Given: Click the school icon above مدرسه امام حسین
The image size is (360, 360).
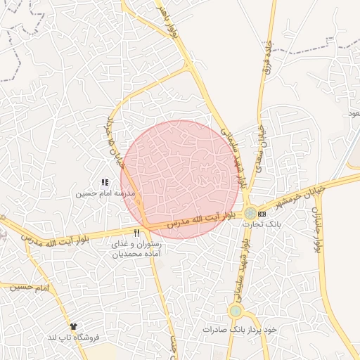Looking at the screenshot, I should pos(105,183).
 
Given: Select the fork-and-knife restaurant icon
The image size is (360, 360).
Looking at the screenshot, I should pos(136,233).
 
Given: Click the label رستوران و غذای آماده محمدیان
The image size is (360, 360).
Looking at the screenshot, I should pos(136,249).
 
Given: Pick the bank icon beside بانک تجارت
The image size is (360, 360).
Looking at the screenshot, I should pos(262,213).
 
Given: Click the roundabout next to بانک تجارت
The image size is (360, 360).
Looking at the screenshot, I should pos(250,212).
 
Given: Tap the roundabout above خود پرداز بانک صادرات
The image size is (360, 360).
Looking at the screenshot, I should pos(236,311).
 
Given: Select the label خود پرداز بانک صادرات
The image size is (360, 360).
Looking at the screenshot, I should pos(240,328).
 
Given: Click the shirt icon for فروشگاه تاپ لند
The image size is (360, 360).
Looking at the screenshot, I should pos(73,327).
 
